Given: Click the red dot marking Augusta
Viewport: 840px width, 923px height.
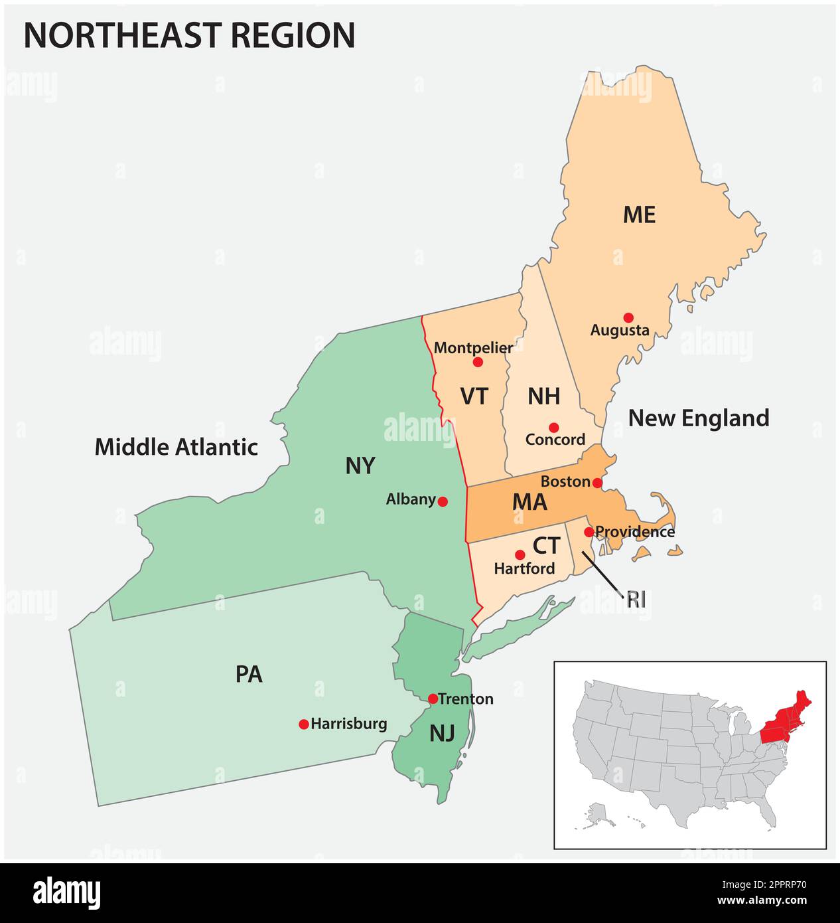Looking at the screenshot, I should click(628, 317).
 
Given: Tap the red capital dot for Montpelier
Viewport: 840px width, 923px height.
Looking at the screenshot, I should click(478, 362).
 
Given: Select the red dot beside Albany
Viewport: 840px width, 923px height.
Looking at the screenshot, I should click(443, 501).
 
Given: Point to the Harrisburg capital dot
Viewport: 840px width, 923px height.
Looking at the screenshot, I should click(304, 724).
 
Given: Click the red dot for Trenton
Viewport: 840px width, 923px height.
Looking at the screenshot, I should click(433, 699).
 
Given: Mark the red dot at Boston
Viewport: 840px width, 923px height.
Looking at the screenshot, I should click(597, 482).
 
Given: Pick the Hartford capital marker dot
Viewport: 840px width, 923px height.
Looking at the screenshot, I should click(520, 554).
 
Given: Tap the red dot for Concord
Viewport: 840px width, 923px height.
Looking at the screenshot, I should click(553, 428).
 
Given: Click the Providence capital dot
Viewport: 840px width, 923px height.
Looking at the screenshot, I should click(589, 532).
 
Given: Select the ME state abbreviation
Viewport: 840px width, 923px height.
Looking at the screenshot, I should click(639, 215).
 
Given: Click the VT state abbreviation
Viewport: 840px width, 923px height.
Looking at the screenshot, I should click(474, 396).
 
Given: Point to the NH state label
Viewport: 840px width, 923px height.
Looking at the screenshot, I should click(543, 396).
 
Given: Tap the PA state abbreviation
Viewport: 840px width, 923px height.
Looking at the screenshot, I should click(249, 675).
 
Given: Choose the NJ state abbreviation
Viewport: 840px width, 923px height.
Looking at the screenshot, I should click(442, 734).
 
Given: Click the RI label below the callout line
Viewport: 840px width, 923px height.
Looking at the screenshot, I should click(636, 600).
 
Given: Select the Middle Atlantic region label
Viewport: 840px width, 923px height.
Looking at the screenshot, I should click(176, 447).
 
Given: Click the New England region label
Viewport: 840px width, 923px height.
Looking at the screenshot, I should click(699, 418).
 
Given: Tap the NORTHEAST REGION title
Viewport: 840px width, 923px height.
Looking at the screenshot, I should click(189, 36).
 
